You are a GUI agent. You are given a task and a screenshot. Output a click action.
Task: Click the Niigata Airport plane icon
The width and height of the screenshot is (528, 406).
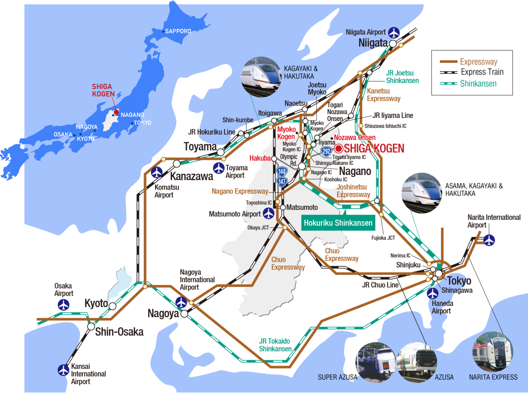(394, 32)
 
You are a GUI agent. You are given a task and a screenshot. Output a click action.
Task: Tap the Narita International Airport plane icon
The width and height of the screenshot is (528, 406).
(489, 240)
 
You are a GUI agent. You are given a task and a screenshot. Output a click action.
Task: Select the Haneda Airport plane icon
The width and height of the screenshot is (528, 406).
(433, 294)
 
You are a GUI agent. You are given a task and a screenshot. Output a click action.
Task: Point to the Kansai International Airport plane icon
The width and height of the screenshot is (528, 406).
(64, 370)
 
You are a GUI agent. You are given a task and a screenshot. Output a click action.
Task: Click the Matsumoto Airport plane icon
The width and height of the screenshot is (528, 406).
(269, 213)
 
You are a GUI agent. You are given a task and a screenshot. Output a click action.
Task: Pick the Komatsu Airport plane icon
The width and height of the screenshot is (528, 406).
(156, 172)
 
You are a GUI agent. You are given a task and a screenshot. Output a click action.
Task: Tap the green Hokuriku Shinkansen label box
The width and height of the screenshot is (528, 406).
(338, 223)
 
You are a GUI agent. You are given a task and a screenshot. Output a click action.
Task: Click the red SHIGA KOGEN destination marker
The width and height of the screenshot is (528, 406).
(339, 148)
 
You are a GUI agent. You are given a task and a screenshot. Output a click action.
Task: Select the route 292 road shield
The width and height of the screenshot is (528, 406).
(327, 151)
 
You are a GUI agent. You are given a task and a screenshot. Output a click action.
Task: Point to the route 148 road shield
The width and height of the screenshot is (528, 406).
(282, 171)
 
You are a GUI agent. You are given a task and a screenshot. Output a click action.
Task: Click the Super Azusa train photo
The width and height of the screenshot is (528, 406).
(375, 362)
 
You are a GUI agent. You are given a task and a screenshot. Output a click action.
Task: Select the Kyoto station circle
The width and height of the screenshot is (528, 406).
(112, 306)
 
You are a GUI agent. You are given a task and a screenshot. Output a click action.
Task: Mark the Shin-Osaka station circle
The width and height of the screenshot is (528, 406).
(91, 326)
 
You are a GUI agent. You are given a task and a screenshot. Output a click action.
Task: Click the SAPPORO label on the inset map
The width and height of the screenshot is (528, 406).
(178, 31)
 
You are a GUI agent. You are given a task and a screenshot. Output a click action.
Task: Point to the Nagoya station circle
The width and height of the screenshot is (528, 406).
(184, 314)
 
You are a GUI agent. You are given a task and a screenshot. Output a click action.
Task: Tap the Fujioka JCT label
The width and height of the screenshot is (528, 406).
(383, 238)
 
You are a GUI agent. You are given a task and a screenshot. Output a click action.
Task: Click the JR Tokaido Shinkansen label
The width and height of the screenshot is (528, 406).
(275, 345)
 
